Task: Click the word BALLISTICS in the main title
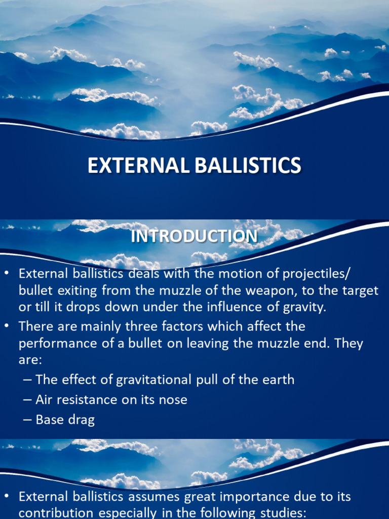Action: coord(247,166)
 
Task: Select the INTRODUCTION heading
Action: coord(194,236)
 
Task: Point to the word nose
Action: coord(174,399)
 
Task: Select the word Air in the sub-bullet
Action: coord(44,399)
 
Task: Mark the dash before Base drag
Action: coord(27,420)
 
